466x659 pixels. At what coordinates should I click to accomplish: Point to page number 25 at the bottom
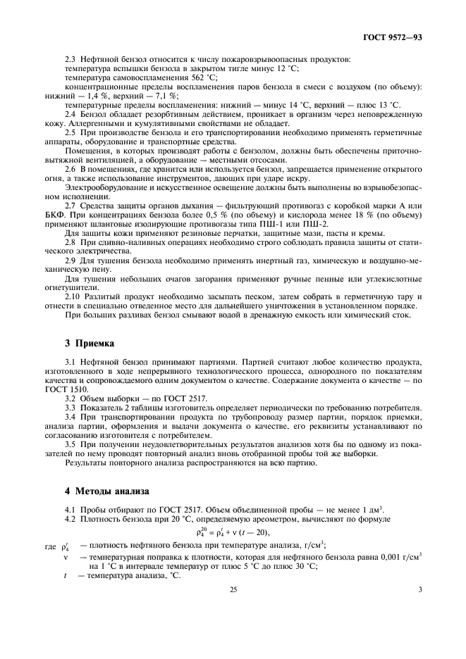point(232,610)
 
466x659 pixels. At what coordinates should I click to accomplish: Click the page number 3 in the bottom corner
point(419,610)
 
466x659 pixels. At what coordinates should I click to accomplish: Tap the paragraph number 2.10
point(72,296)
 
